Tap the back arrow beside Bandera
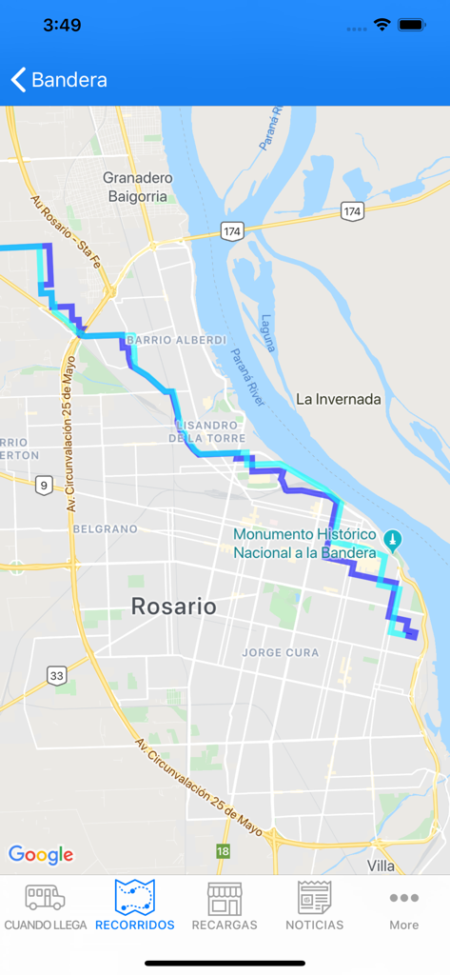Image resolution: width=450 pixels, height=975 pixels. (18, 79)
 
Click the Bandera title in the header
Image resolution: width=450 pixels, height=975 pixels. (69, 80)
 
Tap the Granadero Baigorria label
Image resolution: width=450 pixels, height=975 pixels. (137, 187)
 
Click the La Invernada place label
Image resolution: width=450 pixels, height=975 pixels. (339, 399)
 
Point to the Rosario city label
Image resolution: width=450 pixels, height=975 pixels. (173, 606)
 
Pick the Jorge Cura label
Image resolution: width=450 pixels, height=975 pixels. (283, 653)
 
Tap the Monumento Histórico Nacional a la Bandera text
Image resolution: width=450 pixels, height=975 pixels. (304, 544)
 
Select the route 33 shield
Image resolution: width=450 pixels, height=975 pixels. (57, 675)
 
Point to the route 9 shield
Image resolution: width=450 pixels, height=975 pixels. (44, 486)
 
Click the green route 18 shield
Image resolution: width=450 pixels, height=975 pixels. (223, 850)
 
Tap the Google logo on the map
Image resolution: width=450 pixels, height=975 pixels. (41, 854)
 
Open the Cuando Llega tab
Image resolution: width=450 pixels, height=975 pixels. (45, 905)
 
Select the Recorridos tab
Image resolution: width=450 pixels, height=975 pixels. (135, 905)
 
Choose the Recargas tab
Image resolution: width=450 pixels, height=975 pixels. (225, 905)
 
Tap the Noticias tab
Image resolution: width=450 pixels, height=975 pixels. (314, 905)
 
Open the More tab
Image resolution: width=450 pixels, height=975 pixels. (403, 905)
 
